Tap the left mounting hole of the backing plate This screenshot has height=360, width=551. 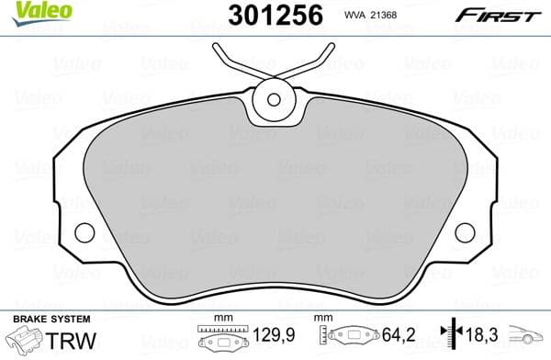pyautogui.click(x=84, y=233)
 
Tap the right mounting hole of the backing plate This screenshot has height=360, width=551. pyautogui.click(x=465, y=233)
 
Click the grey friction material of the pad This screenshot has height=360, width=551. pyautogui.click(x=275, y=202)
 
